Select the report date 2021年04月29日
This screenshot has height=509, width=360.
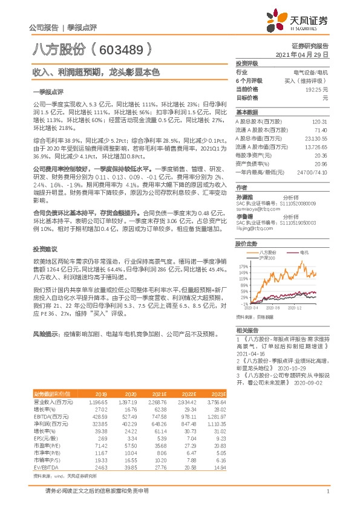point(302,54)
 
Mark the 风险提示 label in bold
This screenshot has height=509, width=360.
point(45,333)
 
